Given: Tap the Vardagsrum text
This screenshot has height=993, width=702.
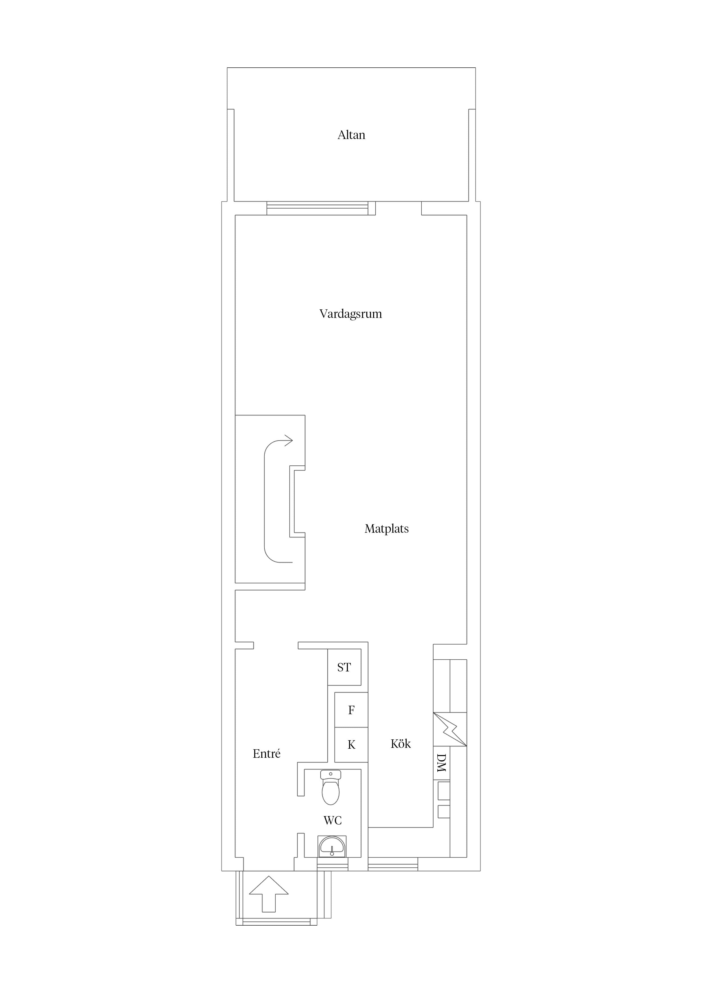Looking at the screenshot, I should pyautogui.click(x=350, y=314).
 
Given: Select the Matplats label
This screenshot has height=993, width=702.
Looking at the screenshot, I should pyautogui.click(x=386, y=528).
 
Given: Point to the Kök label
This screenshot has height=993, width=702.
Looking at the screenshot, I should pyautogui.click(x=401, y=743).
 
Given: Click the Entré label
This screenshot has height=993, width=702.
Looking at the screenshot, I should pyautogui.click(x=266, y=754).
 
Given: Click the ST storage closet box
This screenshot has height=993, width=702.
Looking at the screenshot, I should pyautogui.click(x=344, y=667).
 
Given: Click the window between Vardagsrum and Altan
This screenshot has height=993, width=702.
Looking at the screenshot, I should pyautogui.click(x=317, y=208).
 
